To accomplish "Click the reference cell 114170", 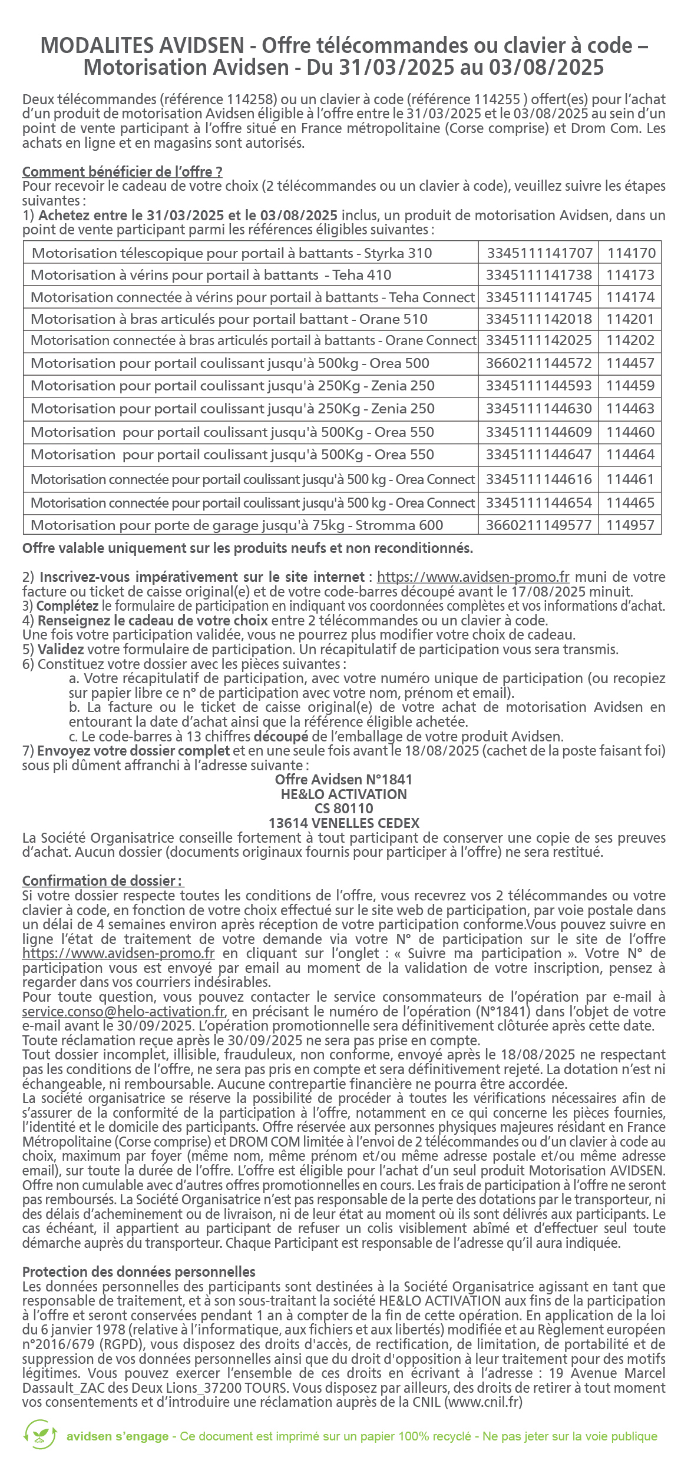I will click(x=631, y=253).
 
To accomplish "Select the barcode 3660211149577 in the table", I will click(x=538, y=525).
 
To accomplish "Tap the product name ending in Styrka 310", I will click(x=232, y=253).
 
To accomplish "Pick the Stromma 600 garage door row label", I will click(x=237, y=525).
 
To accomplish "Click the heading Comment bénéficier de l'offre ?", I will click(x=122, y=172).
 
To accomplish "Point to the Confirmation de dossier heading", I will click(x=103, y=881).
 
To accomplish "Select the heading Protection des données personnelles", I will click(x=139, y=1272).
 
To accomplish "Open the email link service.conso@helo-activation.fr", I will click(x=124, y=1012).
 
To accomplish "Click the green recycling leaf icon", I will click(x=40, y=1434).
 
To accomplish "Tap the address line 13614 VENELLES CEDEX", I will click(x=344, y=823).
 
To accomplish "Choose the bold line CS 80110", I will click(x=344, y=809).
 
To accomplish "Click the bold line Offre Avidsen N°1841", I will click(x=344, y=780).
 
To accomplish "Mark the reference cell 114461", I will click(x=630, y=479).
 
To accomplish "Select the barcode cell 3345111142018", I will click(x=538, y=319).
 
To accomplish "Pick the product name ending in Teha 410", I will click(x=211, y=275).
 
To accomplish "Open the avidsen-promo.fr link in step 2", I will click(x=473, y=577).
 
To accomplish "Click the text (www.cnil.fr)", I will click(x=484, y=1402).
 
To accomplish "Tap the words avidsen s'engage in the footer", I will click(x=117, y=1436).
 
